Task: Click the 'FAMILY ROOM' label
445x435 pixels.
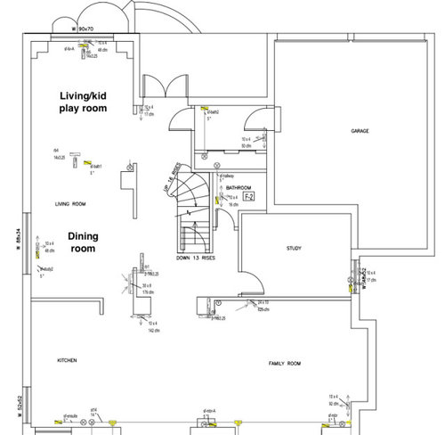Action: point(286,365)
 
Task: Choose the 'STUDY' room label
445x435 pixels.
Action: point(293,249)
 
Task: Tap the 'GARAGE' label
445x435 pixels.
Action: point(360,131)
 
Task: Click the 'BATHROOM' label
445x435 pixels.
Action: point(239,189)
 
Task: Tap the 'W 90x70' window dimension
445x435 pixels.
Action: point(86,29)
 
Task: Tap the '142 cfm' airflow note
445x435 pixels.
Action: point(154,329)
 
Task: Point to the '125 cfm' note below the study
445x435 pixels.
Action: point(263,311)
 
